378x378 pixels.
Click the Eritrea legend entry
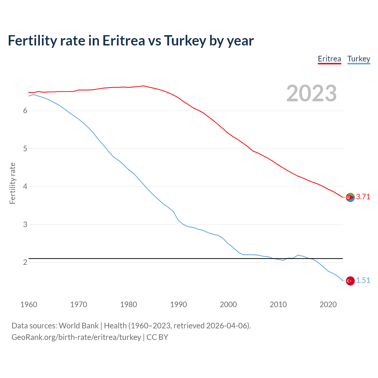click(x=329, y=59)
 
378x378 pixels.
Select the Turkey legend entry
click(x=359, y=59)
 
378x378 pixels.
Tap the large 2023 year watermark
click(x=312, y=93)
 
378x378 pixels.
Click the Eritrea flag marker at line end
click(x=350, y=197)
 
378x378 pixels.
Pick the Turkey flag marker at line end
click(x=350, y=281)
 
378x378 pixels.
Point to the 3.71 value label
click(x=363, y=197)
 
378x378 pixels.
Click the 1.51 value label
click(x=363, y=281)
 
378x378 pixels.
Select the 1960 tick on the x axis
click(x=29, y=304)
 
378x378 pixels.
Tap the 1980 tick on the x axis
click(x=128, y=304)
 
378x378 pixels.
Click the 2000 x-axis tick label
click(x=228, y=304)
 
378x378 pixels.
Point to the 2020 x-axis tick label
click(x=328, y=304)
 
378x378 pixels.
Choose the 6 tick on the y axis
click(x=25, y=111)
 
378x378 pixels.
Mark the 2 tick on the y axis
click(x=25, y=263)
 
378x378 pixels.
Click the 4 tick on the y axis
click(x=25, y=187)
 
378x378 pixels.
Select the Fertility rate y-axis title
click(x=12, y=183)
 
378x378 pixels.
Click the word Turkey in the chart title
click(x=185, y=41)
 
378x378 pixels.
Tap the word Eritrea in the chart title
click(x=124, y=41)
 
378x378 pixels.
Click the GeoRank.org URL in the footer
click(x=76, y=337)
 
